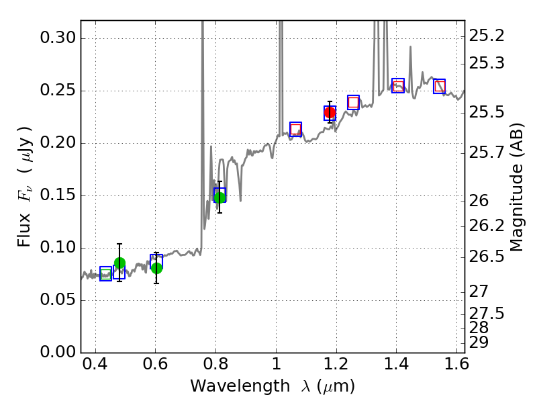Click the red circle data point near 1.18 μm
pos(330,113)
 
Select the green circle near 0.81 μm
pos(219,197)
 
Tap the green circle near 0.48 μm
pos(119,263)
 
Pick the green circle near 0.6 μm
pos(156,268)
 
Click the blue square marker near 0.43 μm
pos(105,273)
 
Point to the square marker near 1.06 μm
pos(295,129)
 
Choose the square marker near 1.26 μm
pos(354,102)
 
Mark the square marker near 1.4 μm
pos(398,85)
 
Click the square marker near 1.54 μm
pos(440,86)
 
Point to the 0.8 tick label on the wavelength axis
pos(215,368)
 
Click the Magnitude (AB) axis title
pos(517,191)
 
